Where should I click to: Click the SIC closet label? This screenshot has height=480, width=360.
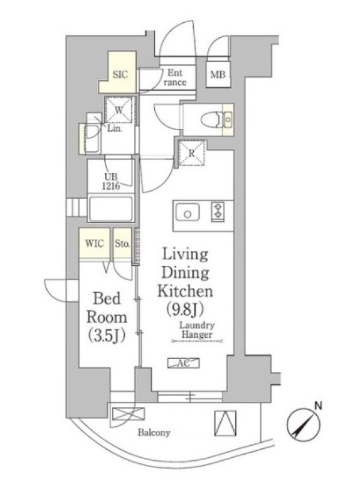(x=120, y=74)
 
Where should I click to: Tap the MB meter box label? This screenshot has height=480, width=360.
(x=218, y=74)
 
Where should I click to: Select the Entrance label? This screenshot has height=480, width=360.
(x=175, y=77)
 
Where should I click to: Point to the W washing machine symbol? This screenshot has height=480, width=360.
(x=119, y=110)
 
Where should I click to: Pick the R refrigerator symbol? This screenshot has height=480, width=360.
(x=191, y=153)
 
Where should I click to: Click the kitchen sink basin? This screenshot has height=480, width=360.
(x=187, y=212)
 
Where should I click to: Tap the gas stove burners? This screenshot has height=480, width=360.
(x=218, y=212)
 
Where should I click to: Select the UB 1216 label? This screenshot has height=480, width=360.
(x=111, y=182)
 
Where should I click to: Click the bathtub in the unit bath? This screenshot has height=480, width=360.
(x=110, y=208)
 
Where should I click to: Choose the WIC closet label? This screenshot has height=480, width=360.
(x=94, y=244)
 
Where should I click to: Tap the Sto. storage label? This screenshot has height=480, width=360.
(x=122, y=244)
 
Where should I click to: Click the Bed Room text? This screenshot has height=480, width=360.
(x=107, y=308)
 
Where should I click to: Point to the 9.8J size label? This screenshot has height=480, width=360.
(x=185, y=309)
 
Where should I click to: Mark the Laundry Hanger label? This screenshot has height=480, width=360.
(x=197, y=329)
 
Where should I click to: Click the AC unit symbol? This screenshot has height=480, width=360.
(x=184, y=363)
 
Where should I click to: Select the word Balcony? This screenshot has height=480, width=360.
(x=154, y=433)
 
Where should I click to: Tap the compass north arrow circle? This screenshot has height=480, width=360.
(x=304, y=425)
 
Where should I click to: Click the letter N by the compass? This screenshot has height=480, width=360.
(x=319, y=406)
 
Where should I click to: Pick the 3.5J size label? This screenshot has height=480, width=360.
(x=107, y=335)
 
